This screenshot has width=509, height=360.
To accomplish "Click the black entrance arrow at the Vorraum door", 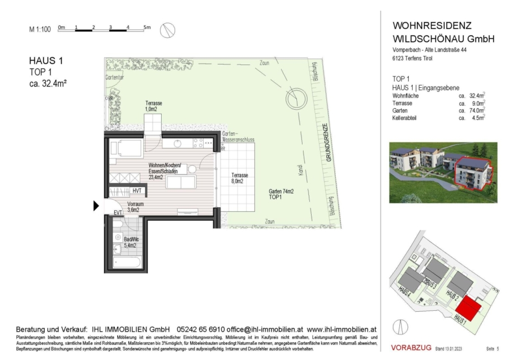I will tap(96, 207).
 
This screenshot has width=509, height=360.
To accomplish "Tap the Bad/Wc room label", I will tap(131, 242).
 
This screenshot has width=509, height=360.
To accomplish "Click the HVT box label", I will tap(137, 191).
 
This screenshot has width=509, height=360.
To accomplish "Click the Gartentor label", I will tap(115, 78).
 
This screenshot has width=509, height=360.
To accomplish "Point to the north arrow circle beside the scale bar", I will tap(167, 31).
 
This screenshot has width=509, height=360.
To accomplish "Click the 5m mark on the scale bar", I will tap(146, 27).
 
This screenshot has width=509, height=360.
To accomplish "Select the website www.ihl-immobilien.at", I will tap(342, 329).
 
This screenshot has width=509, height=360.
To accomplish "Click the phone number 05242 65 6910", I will tap(201, 329).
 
